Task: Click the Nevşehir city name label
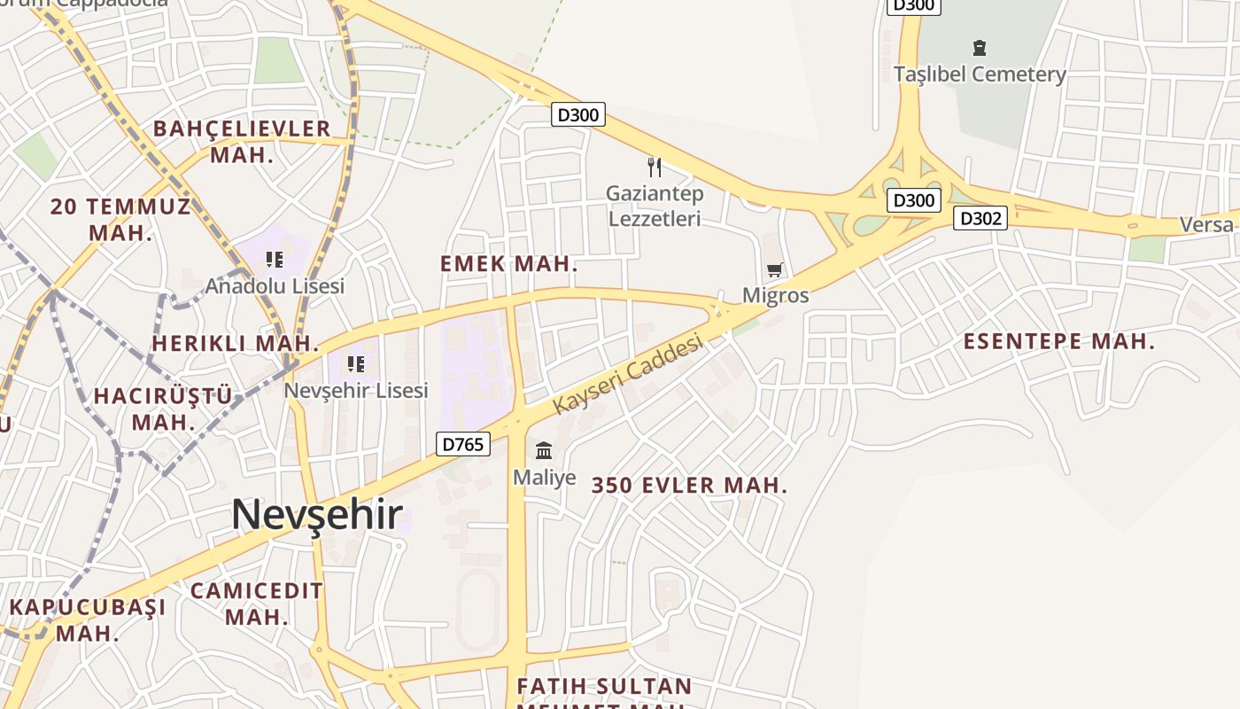317,515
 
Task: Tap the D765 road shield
462,444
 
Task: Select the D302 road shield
980,218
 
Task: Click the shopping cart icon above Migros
775,269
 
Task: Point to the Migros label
775,295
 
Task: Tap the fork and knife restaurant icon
655,167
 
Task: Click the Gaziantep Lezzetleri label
655,206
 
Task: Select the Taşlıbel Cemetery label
979,74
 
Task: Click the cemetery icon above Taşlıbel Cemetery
979,47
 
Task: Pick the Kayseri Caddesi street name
628,373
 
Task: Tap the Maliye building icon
544,451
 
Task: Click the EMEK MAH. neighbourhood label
509,263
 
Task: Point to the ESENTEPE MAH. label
1059,341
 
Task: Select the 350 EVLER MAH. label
689,486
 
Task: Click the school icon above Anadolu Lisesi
275,260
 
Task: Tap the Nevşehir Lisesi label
356,390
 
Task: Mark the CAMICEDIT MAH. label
257,604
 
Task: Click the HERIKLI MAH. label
235,343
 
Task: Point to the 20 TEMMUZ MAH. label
120,220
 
